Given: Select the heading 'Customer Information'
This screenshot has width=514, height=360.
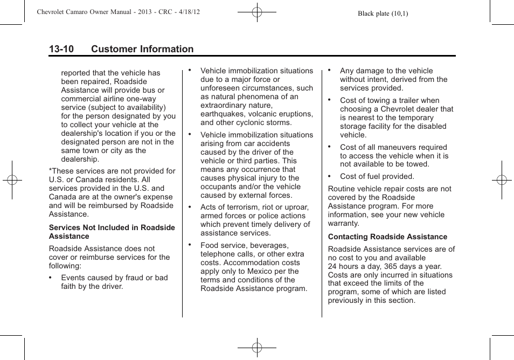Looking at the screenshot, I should point(142,49).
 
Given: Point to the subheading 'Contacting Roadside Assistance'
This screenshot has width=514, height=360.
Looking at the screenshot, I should point(387,237).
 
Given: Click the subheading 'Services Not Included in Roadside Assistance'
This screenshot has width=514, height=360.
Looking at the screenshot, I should point(112,232).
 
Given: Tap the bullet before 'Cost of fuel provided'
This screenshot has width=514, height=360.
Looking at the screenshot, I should point(329,176).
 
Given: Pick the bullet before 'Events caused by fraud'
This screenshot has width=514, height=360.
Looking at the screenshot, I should point(50,278).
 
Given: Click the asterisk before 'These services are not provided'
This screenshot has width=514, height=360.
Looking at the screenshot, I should point(50,171).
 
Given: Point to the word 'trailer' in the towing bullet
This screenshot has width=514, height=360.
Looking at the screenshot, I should point(405,100).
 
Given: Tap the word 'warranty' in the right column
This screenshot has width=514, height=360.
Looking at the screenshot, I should point(343,223).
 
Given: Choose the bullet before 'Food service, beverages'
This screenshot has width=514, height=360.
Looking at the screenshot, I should point(190,245).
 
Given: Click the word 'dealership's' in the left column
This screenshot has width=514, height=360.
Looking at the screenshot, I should point(82,133).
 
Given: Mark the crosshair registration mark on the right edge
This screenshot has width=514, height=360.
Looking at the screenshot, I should point(502,180).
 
